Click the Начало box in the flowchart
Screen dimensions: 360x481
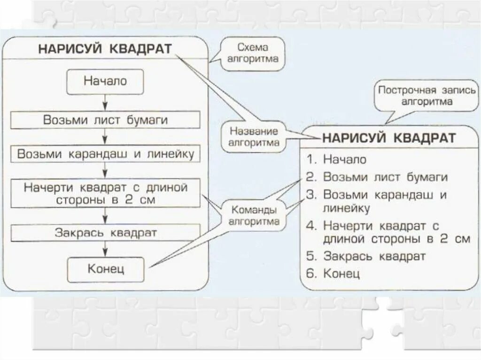[x=105, y=82]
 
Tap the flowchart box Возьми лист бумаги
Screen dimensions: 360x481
[x=105, y=120]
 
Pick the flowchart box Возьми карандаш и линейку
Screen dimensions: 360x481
[x=105, y=154]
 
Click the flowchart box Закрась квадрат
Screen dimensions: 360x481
[x=105, y=232]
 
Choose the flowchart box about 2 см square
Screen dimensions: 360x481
[x=105, y=193]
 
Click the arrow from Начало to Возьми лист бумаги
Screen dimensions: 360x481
[x=105, y=102]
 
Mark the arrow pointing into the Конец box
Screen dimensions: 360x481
[x=105, y=249]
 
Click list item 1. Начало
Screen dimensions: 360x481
[x=336, y=159]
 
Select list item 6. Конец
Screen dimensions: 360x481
[x=333, y=273]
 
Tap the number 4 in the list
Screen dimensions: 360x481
[x=310, y=226]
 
